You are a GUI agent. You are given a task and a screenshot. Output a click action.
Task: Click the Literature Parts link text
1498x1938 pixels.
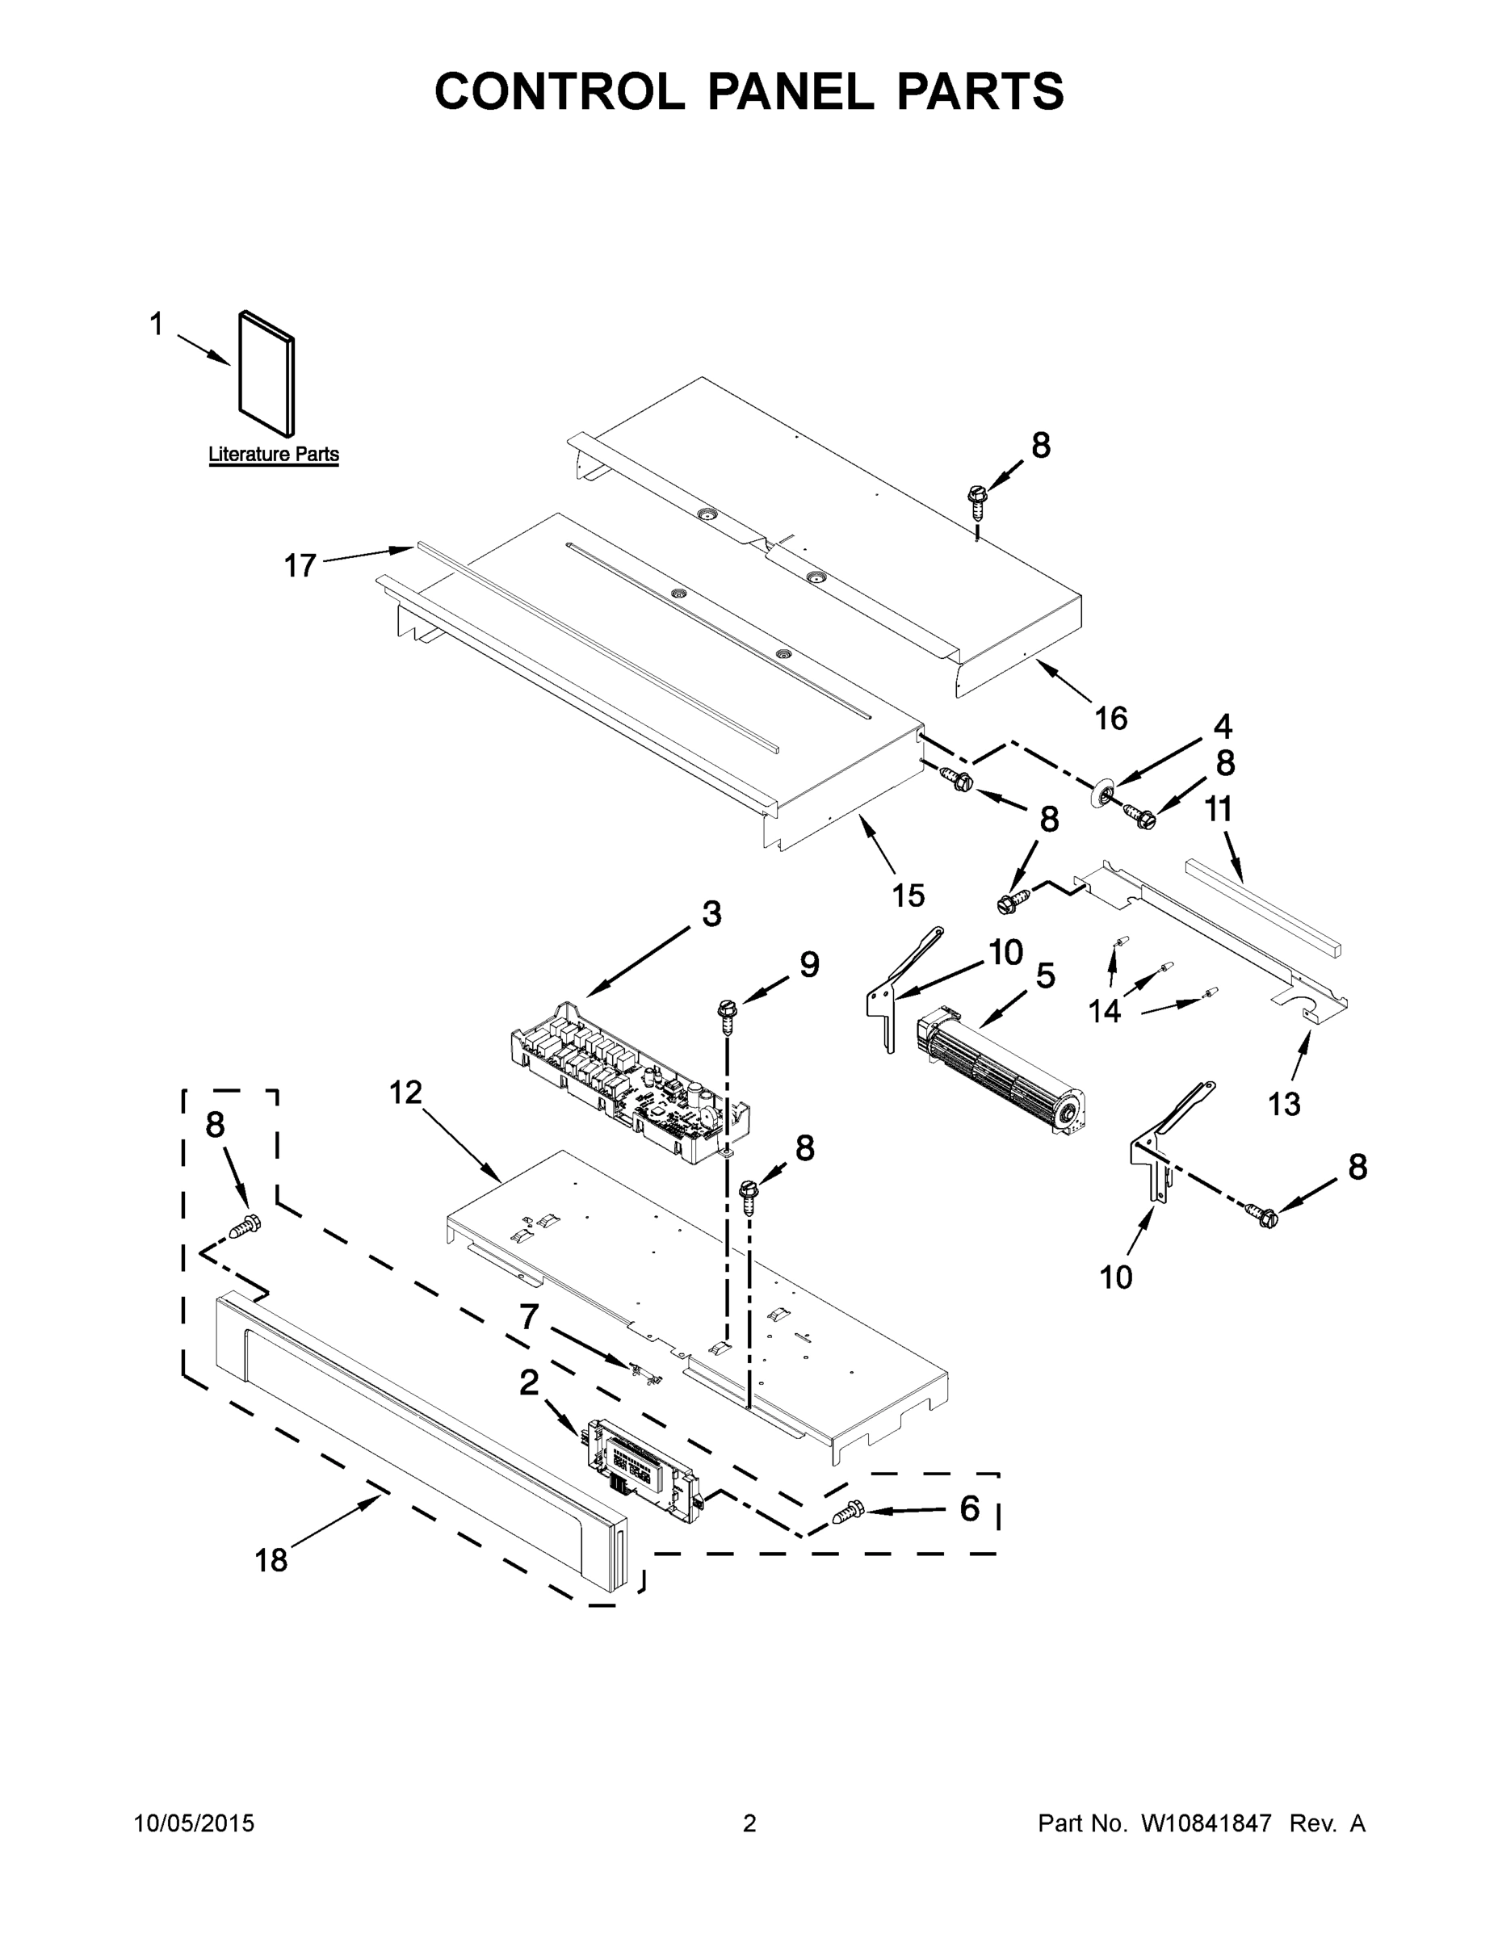pos(273,455)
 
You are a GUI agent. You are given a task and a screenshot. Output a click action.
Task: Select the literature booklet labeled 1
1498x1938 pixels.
pos(266,374)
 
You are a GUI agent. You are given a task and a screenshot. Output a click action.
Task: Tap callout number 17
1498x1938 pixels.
pos(300,565)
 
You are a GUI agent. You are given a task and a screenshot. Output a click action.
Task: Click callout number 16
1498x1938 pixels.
pos(1110,718)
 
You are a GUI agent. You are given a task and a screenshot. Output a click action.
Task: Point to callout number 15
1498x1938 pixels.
pos(908,896)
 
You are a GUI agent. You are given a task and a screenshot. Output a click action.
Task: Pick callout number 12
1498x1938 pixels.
pos(405,1093)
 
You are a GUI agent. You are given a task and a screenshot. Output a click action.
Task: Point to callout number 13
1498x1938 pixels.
pos(1283,1104)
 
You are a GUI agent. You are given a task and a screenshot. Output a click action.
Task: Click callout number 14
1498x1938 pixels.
pos(1105,1010)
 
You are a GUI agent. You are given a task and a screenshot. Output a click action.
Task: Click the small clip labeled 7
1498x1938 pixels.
pos(645,1372)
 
